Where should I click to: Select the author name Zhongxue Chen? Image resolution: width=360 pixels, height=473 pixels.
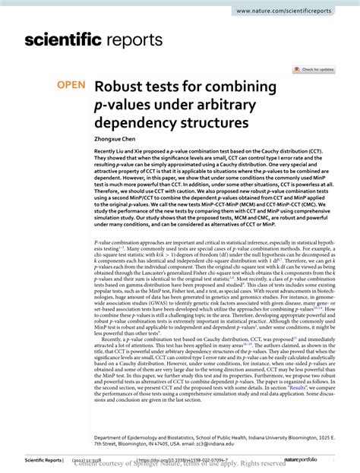point(115,140)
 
